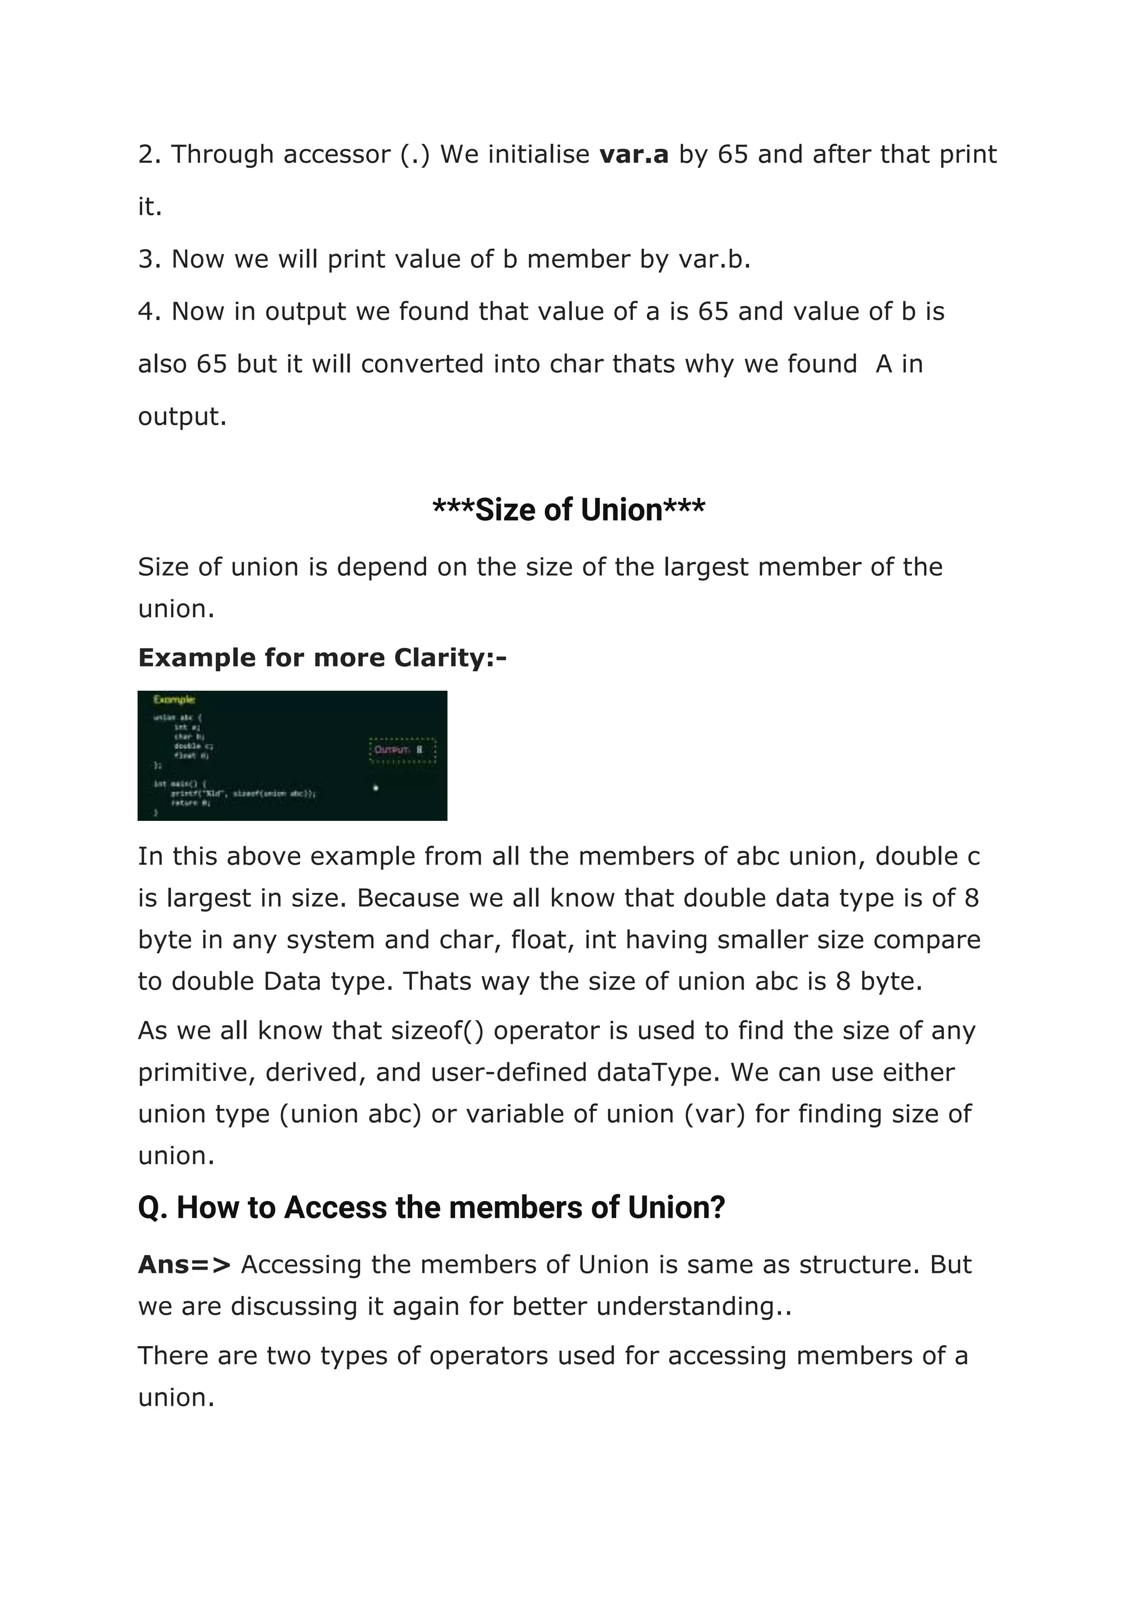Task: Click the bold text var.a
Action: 633,154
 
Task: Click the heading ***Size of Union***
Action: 568,510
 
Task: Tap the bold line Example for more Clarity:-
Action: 322,657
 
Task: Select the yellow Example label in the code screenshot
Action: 174,699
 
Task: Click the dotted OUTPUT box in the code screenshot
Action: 402,750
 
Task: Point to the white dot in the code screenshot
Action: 376,788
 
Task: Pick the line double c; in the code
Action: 193,746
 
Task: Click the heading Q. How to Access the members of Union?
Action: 431,1208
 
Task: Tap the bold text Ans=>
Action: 183,1265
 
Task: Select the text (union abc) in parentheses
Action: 351,1114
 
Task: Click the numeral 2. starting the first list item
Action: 149,154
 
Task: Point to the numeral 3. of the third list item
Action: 149,260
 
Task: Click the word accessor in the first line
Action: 336,154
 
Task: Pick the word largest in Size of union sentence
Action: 706,567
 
